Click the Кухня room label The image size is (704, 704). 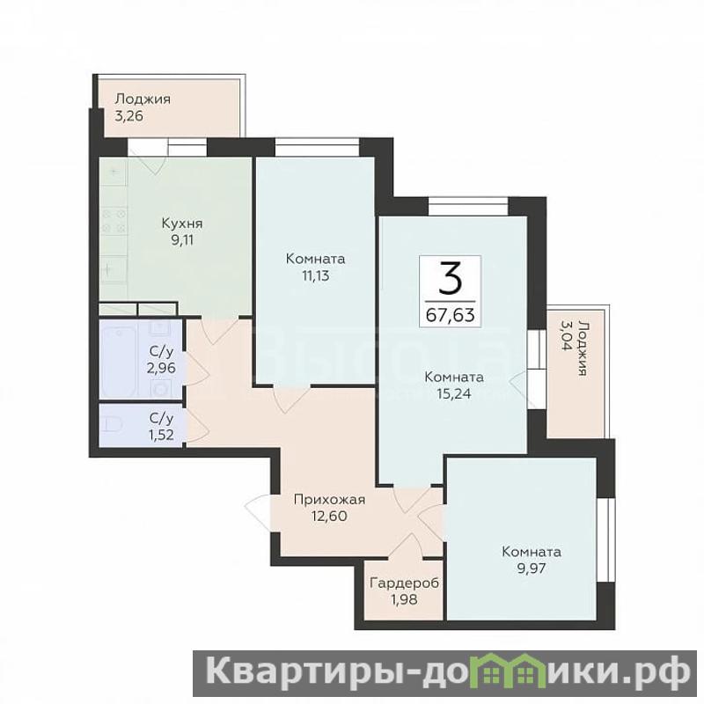[x=182, y=224]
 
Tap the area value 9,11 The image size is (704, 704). [x=182, y=240]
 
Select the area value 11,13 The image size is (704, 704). [x=316, y=275]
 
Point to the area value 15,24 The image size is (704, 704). [x=454, y=393]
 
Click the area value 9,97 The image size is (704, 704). [x=532, y=568]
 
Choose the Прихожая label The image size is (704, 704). [x=329, y=500]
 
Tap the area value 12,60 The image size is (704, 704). [x=329, y=517]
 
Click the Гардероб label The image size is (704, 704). [x=404, y=583]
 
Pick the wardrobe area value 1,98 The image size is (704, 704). [x=404, y=599]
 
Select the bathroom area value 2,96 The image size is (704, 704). [x=161, y=368]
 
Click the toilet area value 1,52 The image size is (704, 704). [x=161, y=435]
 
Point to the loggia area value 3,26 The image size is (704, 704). [x=128, y=116]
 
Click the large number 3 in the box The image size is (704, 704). [x=450, y=280]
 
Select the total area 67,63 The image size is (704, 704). [x=450, y=315]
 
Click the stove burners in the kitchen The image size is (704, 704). [x=114, y=221]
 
